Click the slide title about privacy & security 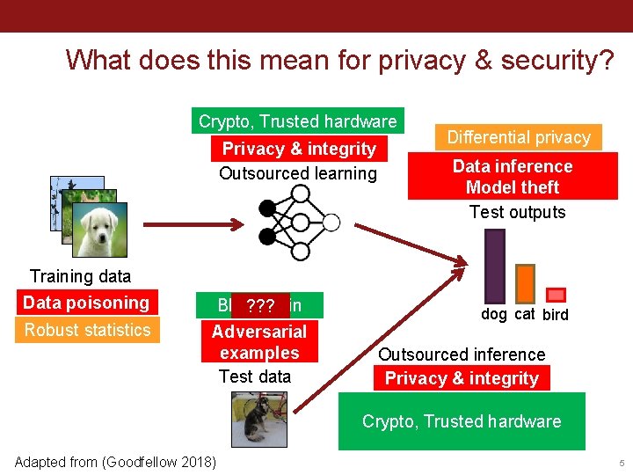click(x=339, y=60)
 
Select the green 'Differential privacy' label click(x=519, y=137)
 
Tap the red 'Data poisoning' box click(x=86, y=303)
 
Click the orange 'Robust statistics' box click(x=88, y=330)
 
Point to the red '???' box click(x=261, y=306)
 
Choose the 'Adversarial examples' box click(x=259, y=342)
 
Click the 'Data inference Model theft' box click(x=513, y=176)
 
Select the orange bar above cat click(x=525, y=282)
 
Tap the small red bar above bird click(x=556, y=295)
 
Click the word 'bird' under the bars click(x=556, y=315)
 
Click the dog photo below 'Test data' click(x=258, y=419)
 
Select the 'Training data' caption click(x=80, y=276)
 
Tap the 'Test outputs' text click(x=517, y=212)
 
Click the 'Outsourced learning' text click(x=297, y=173)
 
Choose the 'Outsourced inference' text click(x=462, y=354)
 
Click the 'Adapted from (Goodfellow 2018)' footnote click(x=116, y=462)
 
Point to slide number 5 click(x=621, y=463)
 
